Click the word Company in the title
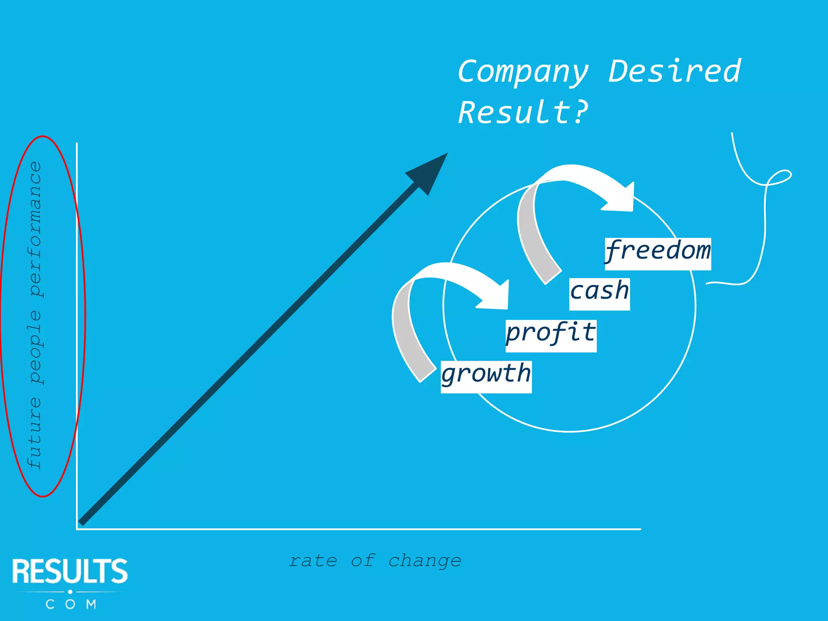[523, 72]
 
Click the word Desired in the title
[674, 71]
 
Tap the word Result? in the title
[523, 112]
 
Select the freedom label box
[658, 253]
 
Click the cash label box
[599, 294]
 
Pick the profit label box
[551, 336]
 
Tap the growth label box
[486, 376]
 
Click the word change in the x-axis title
[425, 561]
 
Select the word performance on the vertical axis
[36, 229]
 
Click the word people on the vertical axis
[36, 347]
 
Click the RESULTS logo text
[70, 571]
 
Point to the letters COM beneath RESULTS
[71, 604]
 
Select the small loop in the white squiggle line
[779, 177]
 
